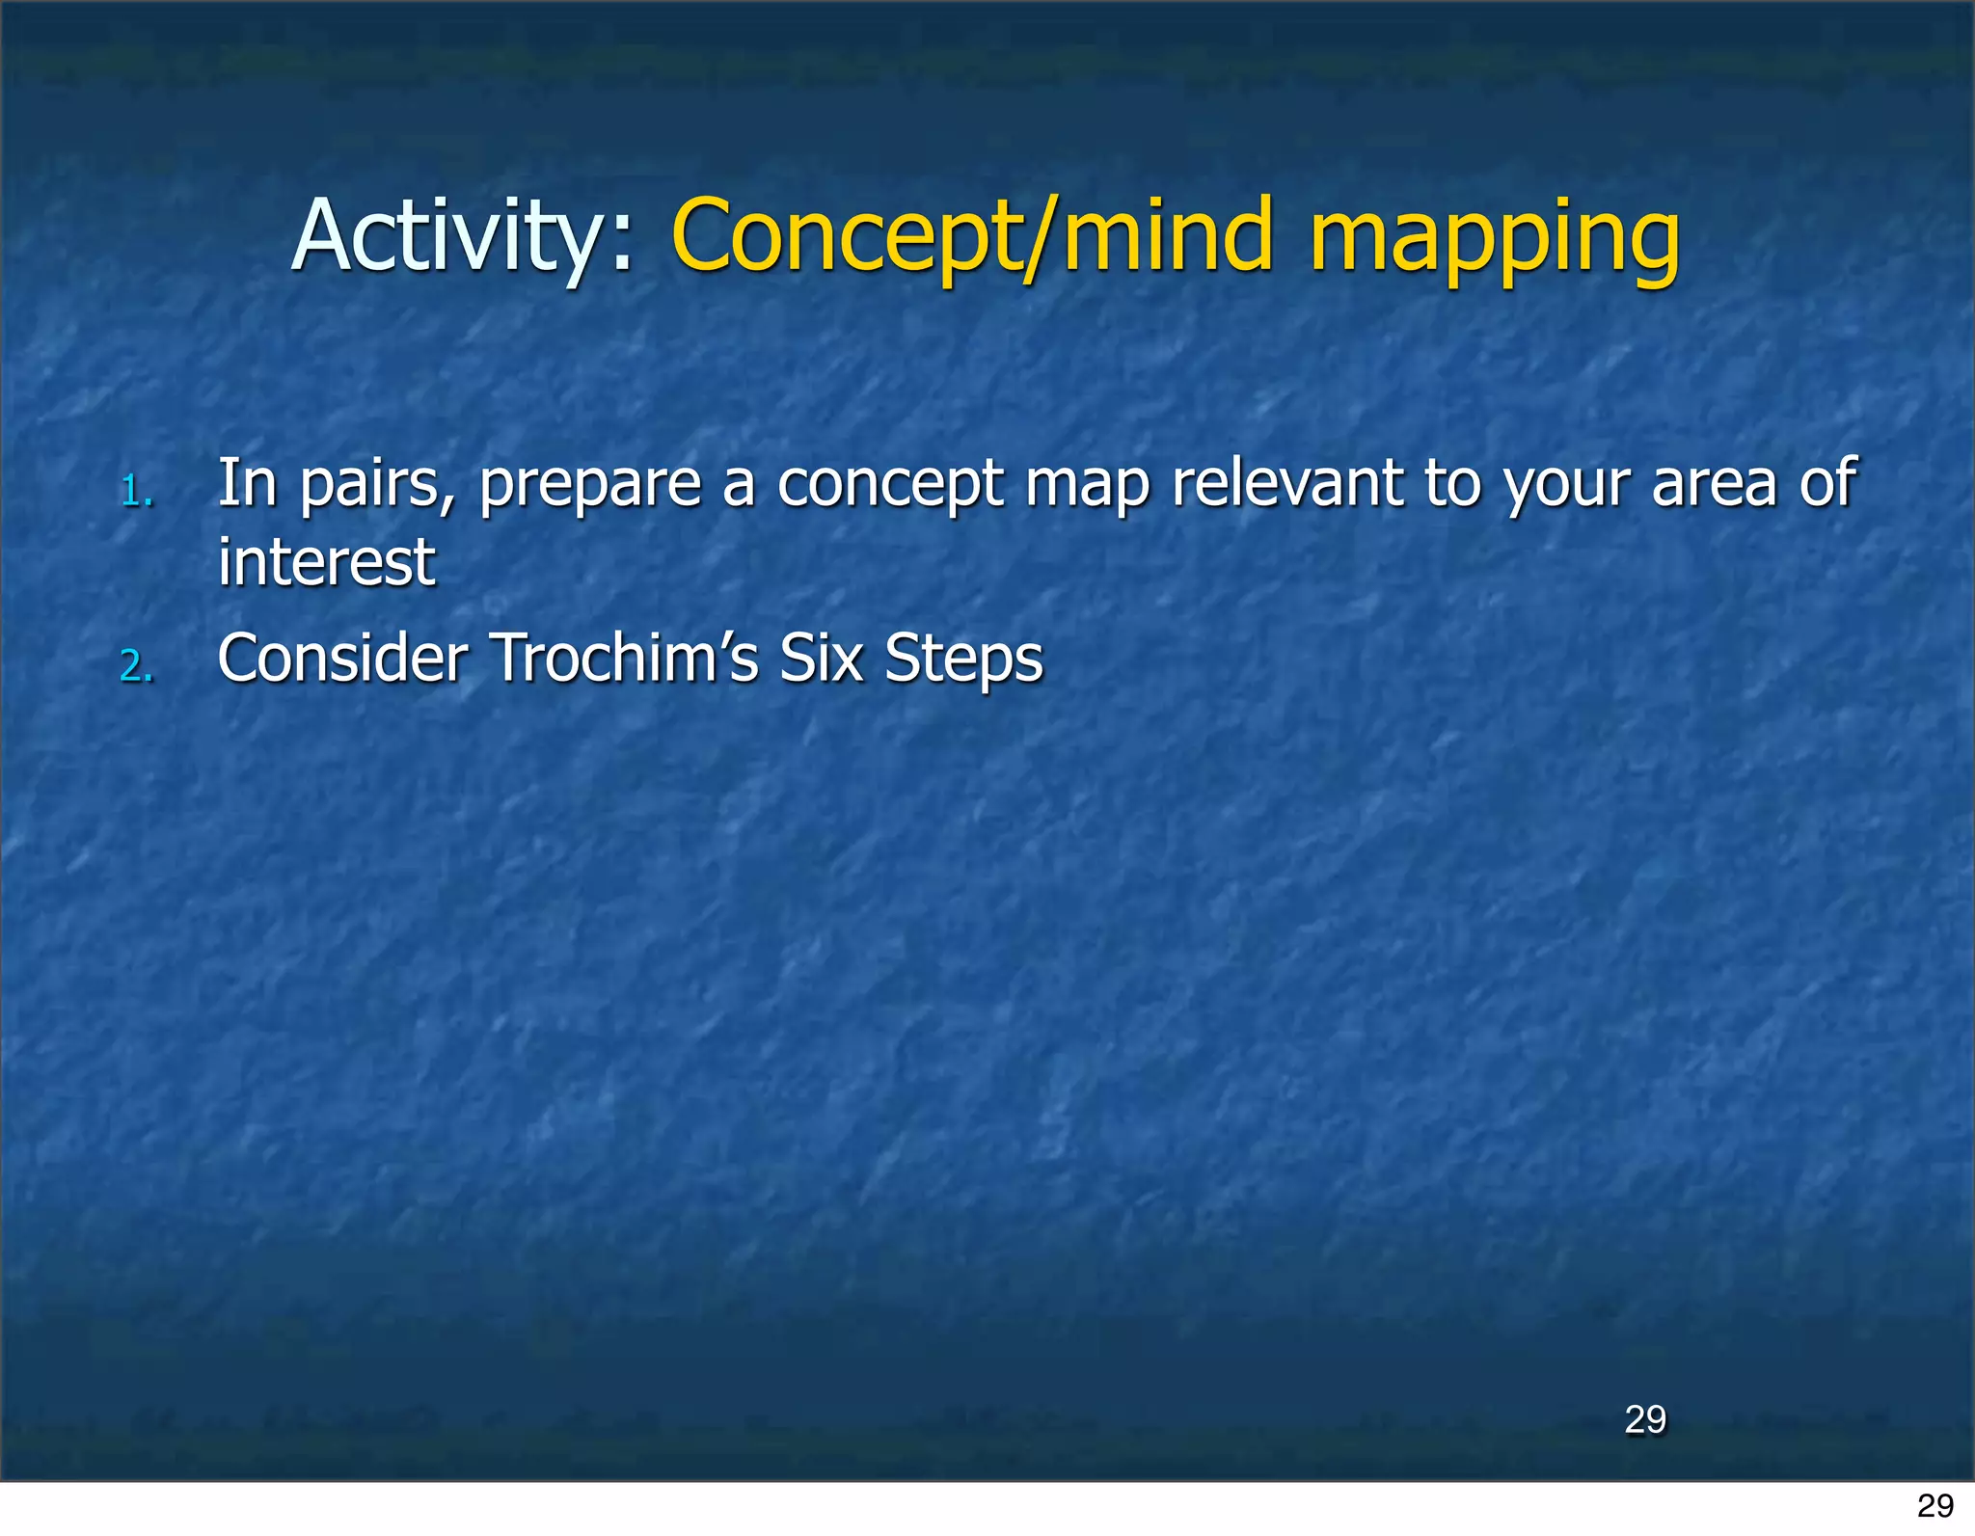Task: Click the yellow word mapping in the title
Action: click(x=1494, y=236)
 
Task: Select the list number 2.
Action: click(x=136, y=666)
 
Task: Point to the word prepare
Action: click(x=590, y=484)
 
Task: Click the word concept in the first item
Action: click(x=889, y=484)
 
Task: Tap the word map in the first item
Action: click(x=1087, y=484)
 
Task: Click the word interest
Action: click(x=326, y=562)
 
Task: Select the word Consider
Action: click(x=342, y=658)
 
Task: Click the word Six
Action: click(x=820, y=658)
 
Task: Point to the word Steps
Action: click(x=963, y=660)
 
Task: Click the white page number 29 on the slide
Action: click(x=1644, y=1419)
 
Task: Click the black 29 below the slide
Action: click(x=1934, y=1505)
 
